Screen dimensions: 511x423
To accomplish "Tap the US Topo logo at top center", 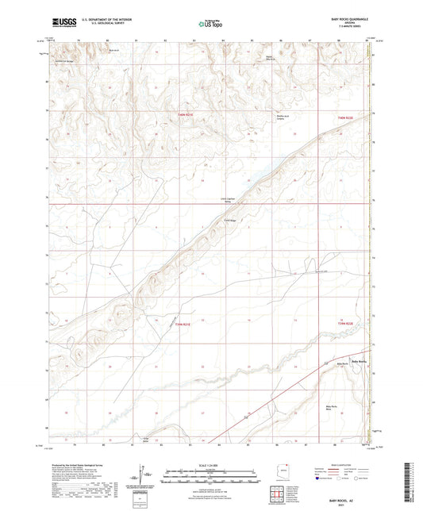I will (210, 25).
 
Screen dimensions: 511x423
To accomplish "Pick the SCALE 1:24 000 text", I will (210, 465).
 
